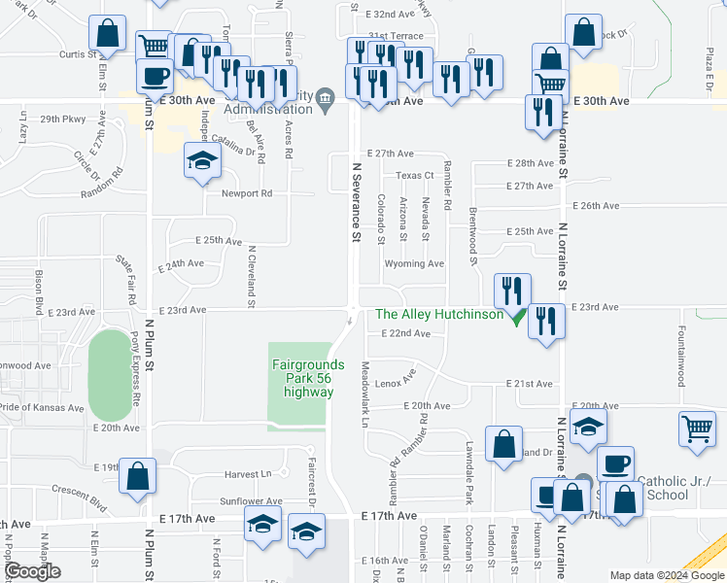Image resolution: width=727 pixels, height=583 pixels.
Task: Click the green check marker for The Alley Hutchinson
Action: [x=518, y=316]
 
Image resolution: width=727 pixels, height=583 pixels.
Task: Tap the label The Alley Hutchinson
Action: [x=439, y=314]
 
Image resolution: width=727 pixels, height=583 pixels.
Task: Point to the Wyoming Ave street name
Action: [x=414, y=263]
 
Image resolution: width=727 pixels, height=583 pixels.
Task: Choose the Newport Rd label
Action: [x=247, y=193]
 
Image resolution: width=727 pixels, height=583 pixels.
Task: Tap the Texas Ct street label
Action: [x=413, y=176]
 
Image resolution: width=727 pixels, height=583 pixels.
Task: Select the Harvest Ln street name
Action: [x=249, y=474]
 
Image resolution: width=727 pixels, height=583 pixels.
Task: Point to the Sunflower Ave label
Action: [x=251, y=501]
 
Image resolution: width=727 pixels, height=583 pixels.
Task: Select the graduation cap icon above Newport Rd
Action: [x=202, y=161]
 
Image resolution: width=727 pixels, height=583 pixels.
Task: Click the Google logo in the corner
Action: [x=32, y=572]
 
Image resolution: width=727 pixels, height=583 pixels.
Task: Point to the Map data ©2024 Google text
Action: [x=667, y=575]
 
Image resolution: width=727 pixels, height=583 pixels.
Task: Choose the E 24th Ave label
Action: [x=181, y=263]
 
